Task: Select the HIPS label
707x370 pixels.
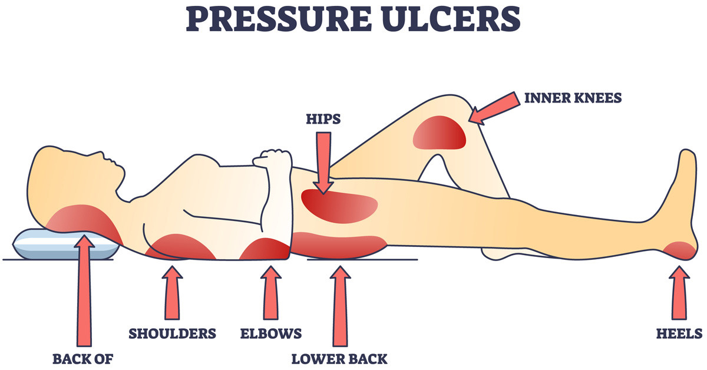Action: point(322,120)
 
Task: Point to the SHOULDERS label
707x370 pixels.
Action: point(173,334)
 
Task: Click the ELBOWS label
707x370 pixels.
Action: point(271,334)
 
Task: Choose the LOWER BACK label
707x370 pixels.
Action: point(339,358)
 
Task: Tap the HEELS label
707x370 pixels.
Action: point(678,334)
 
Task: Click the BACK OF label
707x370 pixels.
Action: point(83,358)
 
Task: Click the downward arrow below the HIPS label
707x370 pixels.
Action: point(322,162)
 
